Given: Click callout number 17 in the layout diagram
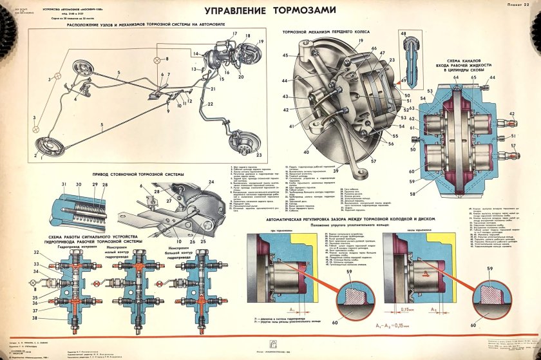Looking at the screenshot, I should [x=229, y=33].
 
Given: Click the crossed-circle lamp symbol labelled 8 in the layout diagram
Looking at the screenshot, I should [x=157, y=59].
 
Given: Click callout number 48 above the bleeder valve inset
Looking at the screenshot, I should [x=403, y=32].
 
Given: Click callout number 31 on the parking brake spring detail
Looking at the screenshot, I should [x=64, y=185].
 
